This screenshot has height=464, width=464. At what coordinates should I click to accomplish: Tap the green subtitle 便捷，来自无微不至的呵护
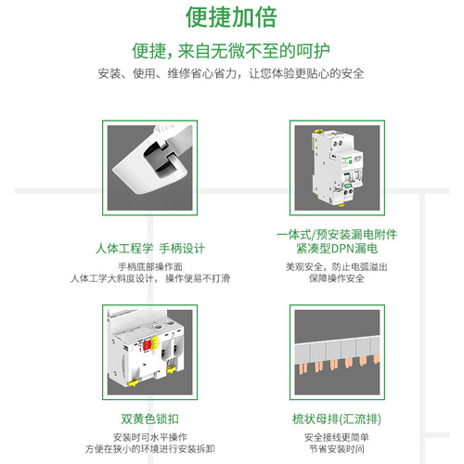231,49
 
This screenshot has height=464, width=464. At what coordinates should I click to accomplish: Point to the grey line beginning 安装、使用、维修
231,74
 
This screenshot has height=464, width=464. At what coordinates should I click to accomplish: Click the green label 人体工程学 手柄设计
150,249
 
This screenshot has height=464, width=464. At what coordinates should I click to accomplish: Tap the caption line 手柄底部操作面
150,266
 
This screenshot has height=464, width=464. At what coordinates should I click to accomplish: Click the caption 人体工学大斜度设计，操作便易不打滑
150,278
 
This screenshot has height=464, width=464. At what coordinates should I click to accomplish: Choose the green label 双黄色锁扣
150,419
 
